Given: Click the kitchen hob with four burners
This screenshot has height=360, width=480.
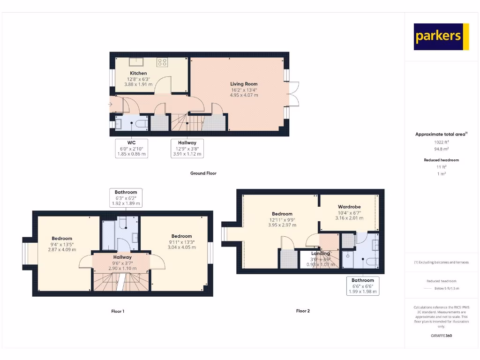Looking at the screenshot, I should point(163,61).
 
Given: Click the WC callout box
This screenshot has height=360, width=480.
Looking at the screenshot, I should point(131,148).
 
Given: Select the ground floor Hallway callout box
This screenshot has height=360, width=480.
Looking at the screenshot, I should point(187,148).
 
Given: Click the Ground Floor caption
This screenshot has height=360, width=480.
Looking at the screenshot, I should point(203,173).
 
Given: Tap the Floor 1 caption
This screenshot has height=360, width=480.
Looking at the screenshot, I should point(118,311).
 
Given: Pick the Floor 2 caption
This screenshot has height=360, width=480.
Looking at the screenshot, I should point(303,311).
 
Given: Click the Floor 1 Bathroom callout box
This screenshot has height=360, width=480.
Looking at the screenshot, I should point(126,198).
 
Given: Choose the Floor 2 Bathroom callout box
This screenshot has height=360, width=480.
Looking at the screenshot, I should point(362,285).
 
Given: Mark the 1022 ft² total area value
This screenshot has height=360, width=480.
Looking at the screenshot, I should point(441,142).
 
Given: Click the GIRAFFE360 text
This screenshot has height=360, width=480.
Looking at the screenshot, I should point(441,336).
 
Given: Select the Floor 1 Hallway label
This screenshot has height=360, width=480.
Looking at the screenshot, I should point(122,262).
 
